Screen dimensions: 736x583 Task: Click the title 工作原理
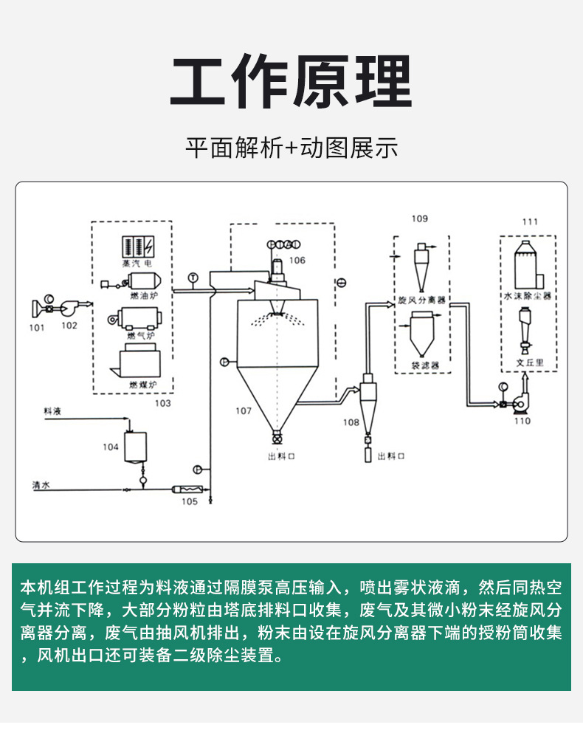291,83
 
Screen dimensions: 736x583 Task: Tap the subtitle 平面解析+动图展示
291,148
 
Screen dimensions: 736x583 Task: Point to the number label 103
162,403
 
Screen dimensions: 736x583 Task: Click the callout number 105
189,501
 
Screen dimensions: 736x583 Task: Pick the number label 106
297,260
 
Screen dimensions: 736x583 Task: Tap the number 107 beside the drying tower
244,410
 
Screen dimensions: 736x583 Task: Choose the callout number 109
419,219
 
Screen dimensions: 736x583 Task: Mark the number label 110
522,421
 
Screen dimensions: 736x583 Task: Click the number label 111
530,221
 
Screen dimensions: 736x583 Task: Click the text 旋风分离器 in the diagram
422,300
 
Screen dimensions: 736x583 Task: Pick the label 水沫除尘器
528,295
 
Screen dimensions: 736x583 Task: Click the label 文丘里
529,363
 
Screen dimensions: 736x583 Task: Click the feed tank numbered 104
134,447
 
